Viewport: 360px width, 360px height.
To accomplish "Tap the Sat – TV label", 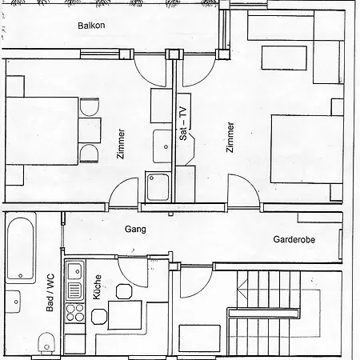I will coord(183,124).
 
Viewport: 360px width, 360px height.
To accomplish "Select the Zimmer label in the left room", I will coord(122,144).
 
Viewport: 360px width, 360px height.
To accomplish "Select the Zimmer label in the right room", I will coord(230,138).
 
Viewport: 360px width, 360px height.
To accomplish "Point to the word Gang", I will coord(134,230).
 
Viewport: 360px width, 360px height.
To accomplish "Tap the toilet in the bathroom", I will coord(46,346).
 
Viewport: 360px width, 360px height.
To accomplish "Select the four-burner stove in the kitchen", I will coord(75,311).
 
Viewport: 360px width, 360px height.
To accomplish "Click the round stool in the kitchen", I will coord(124,290).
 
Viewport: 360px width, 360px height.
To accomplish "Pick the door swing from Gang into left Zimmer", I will coord(124,193).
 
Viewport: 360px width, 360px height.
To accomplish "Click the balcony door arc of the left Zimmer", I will coord(152,72).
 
